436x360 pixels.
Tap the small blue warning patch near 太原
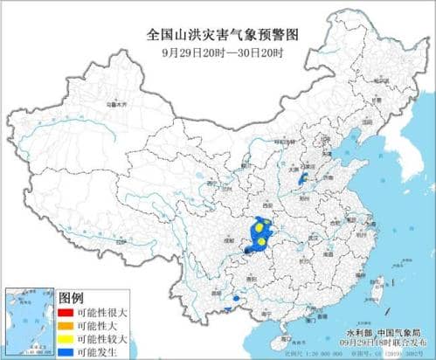[302, 179]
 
